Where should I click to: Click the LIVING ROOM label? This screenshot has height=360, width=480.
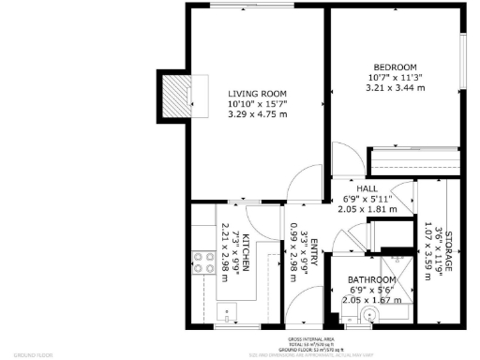click(257, 93)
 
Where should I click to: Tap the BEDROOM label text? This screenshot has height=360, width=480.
click(394, 67)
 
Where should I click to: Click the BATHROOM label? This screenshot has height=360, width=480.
click(372, 279)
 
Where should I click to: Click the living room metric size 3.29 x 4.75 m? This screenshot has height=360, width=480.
click(257, 114)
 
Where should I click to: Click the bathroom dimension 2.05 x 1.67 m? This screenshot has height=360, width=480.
click(372, 300)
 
